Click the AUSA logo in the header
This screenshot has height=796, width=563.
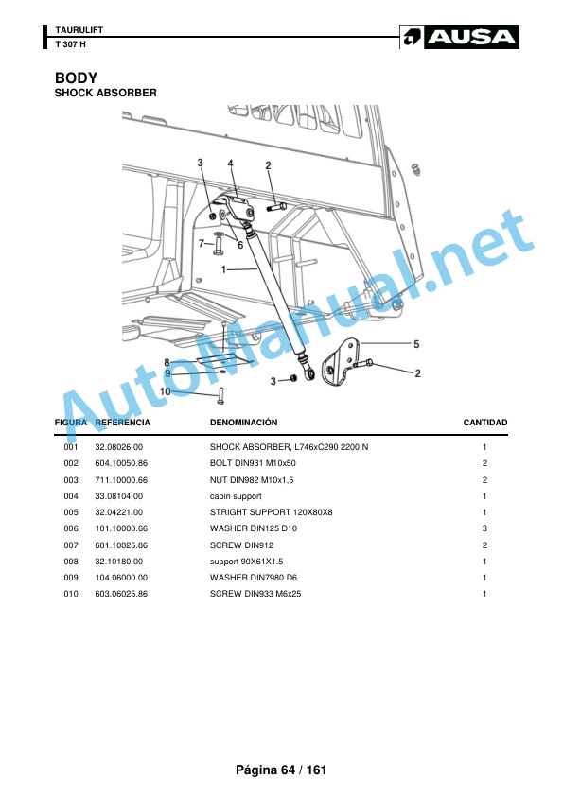click(x=459, y=37)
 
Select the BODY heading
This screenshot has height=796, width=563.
click(x=76, y=78)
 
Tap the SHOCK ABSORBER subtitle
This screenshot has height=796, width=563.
click(x=106, y=93)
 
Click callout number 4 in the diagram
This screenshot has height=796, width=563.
click(x=230, y=164)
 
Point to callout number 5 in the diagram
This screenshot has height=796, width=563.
click(x=416, y=344)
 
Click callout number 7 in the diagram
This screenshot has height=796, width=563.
click(x=202, y=243)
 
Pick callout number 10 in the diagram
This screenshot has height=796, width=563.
click(x=166, y=391)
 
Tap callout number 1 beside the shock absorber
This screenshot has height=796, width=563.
click(x=223, y=269)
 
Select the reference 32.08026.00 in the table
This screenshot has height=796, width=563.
click(x=119, y=447)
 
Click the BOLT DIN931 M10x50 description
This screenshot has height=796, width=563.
click(x=253, y=463)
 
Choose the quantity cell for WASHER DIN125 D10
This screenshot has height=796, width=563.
click(x=484, y=528)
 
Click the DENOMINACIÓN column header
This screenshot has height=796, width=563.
click(x=244, y=423)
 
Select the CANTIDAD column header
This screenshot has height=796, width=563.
click(x=485, y=423)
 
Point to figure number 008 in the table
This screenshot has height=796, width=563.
click(x=71, y=562)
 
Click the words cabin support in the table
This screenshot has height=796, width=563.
click(x=236, y=496)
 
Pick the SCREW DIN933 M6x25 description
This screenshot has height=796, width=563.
click(x=255, y=594)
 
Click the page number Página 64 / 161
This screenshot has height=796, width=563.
click(x=281, y=770)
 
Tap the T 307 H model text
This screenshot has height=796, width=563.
click(x=71, y=44)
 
